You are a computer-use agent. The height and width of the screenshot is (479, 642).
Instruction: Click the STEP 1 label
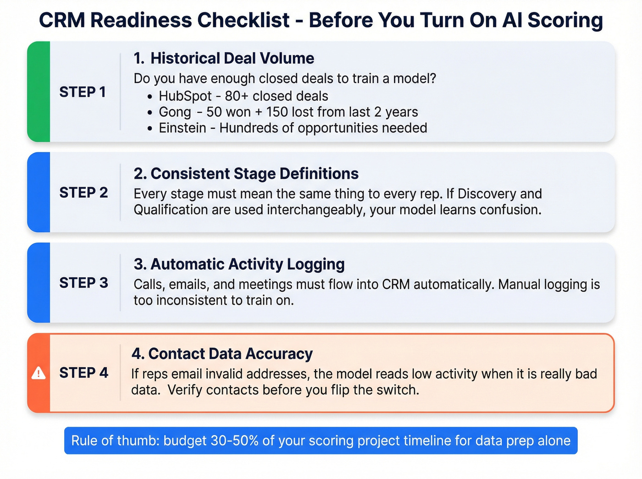point(83,92)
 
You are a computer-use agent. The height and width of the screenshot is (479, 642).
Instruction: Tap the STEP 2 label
point(83,193)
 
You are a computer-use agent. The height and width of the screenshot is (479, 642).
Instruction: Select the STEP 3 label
point(83,283)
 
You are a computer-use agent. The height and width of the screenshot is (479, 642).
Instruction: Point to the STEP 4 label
point(83,373)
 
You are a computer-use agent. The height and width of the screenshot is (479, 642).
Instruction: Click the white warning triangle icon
point(39,373)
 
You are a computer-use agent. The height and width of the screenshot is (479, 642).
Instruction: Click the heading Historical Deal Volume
point(232,59)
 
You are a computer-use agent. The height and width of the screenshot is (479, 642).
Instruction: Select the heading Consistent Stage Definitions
point(254,174)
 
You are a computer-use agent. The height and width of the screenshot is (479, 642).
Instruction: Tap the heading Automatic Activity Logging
point(247,264)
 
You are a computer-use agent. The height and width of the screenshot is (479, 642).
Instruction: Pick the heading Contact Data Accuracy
point(230,354)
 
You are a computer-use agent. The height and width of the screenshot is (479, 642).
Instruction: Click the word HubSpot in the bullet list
point(185,96)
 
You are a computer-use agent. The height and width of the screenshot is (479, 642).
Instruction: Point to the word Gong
point(175,112)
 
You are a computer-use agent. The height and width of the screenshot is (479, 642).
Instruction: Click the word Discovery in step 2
point(487,194)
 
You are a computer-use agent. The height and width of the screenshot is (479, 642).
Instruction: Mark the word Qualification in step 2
point(171,210)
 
